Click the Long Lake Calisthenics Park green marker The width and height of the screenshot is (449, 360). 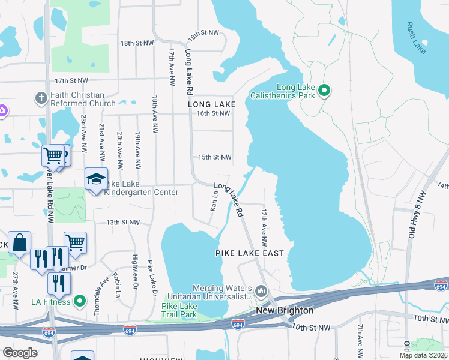(x=324, y=91)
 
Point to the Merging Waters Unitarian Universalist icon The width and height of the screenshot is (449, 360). (x=261, y=292)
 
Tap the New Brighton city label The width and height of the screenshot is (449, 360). (x=285, y=310)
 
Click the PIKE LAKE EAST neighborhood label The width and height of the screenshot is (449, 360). (x=249, y=254)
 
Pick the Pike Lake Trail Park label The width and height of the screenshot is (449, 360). (x=179, y=310)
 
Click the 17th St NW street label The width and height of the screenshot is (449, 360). (x=71, y=80)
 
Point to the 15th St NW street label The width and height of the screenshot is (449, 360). (x=215, y=157)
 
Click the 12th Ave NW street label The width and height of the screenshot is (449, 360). (x=264, y=228)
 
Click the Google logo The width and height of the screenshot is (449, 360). (x=20, y=353)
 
